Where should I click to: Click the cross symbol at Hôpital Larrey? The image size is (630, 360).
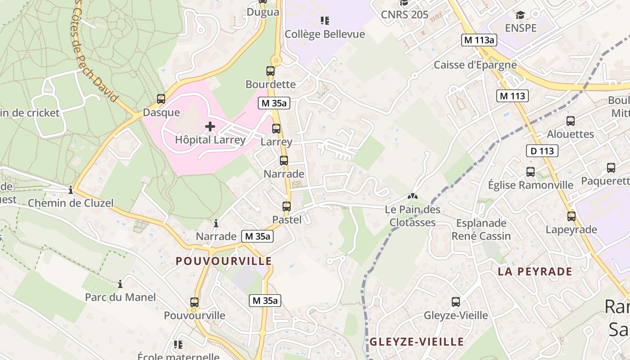click(210, 126)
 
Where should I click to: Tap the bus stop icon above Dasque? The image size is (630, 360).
click(161, 99)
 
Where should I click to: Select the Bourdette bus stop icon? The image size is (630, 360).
click(270, 71)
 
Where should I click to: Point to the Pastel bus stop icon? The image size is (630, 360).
click(287, 207)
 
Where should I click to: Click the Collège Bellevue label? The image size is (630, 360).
click(325, 34)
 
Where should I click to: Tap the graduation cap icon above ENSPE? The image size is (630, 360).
click(521, 15)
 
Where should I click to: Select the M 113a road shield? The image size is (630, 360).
click(479, 40)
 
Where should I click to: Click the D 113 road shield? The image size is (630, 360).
click(542, 151)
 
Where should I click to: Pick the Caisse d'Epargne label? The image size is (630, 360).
click(475, 65)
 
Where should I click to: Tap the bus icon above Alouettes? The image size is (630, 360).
click(571, 121)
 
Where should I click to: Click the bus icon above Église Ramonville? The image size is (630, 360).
click(531, 172)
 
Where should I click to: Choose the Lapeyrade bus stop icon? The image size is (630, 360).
click(571, 216)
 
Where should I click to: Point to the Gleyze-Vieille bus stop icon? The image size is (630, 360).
click(456, 302)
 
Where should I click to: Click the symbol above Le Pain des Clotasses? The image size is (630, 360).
click(412, 196)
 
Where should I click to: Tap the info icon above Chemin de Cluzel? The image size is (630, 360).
click(71, 190)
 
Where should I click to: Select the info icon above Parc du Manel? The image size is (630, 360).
click(120, 284)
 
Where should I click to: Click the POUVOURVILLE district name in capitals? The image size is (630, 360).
click(224, 261)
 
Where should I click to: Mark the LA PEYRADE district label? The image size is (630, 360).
click(535, 271)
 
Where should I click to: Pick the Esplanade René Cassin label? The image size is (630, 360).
click(481, 229)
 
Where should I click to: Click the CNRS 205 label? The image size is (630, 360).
click(405, 15)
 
